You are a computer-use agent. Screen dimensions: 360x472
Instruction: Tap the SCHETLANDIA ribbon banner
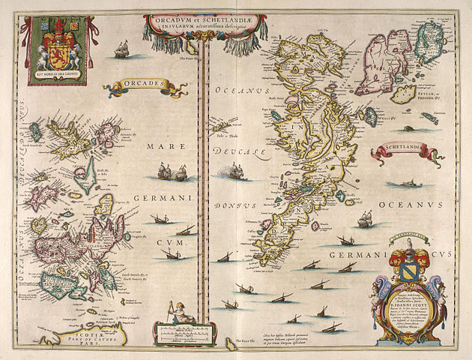point(405,150)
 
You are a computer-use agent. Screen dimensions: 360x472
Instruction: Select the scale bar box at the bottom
point(174,329)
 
